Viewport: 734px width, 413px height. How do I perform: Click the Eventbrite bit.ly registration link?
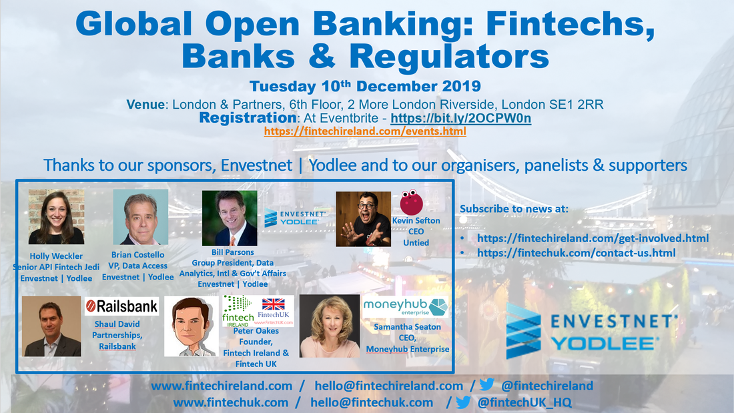[x=460, y=118]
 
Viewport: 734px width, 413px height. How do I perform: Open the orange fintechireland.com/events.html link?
[x=365, y=131]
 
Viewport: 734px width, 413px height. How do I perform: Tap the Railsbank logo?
[x=121, y=306]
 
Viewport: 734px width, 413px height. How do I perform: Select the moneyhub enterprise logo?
[x=406, y=306]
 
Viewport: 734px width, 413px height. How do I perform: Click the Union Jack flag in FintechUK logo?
[x=274, y=304]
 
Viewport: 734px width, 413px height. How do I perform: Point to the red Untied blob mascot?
[x=412, y=201]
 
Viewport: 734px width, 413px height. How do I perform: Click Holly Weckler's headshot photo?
[x=56, y=217]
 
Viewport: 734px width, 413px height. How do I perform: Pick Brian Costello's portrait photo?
[x=140, y=218]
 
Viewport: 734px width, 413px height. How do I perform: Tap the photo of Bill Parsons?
[x=230, y=218]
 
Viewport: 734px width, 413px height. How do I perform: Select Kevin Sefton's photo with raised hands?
[x=363, y=219]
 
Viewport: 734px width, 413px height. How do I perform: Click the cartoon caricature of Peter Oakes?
[x=192, y=326]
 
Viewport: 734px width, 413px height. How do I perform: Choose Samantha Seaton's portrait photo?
[x=330, y=326]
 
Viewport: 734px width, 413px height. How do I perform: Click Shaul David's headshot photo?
[x=51, y=326]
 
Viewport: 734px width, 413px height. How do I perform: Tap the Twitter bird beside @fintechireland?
[x=487, y=384]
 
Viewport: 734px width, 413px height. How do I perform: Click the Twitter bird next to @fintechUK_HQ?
[x=464, y=402]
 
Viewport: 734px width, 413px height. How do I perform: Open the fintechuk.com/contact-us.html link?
[x=577, y=253]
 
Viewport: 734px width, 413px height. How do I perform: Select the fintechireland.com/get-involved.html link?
[x=593, y=238]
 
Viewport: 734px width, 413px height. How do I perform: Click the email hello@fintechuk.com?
[x=372, y=403]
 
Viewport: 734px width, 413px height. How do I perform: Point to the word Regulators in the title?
[x=449, y=57]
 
